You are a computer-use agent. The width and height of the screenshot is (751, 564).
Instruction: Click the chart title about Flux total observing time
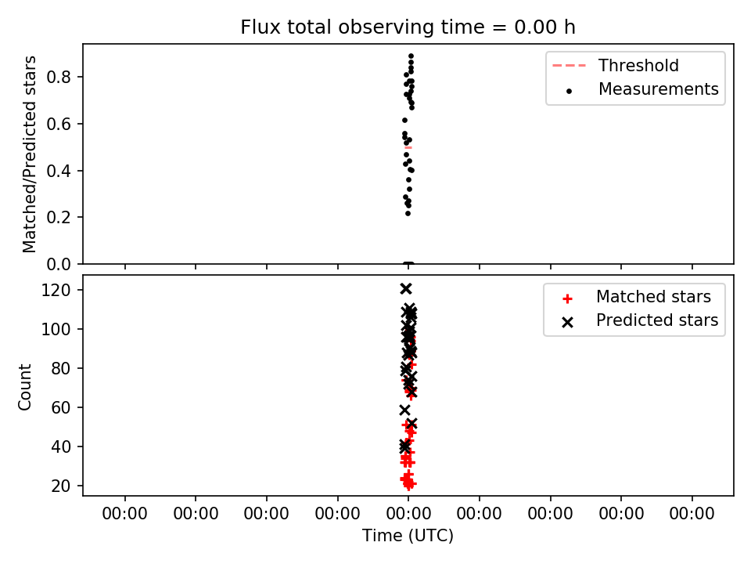tap(408, 27)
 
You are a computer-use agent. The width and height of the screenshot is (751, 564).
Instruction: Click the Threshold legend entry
tap(616, 65)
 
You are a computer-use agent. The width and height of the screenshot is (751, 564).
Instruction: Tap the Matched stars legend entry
tap(638, 297)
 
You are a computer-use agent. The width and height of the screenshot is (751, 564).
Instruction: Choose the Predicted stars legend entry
tap(641, 320)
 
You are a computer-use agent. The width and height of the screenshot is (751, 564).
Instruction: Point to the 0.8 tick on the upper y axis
tap(59, 77)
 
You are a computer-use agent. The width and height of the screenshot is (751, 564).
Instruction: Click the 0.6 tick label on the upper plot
tap(59, 124)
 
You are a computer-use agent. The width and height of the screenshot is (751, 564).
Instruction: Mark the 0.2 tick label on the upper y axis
tap(59, 217)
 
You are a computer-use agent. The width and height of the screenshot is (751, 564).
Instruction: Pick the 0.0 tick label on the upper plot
tap(59, 264)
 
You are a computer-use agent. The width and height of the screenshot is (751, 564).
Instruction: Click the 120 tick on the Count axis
tap(56, 290)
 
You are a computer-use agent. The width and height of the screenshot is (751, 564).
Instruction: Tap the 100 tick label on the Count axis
tap(56, 330)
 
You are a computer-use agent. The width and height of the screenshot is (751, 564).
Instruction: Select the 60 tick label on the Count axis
tap(61, 407)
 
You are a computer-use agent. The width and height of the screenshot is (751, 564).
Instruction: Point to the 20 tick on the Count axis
tap(61, 486)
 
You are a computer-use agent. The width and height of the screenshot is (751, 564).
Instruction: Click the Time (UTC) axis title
tap(408, 536)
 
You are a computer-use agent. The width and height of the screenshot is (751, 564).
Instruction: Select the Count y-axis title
tap(24, 386)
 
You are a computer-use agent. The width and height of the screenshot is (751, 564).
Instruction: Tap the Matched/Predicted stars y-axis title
tap(29, 154)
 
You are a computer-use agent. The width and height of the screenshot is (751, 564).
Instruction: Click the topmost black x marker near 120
tap(406, 289)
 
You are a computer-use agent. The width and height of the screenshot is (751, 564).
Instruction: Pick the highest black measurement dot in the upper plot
tap(411, 56)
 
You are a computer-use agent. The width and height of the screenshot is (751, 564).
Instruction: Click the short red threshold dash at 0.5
tap(408, 147)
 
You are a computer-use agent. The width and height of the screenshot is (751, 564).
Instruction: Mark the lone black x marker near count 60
tap(405, 410)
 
